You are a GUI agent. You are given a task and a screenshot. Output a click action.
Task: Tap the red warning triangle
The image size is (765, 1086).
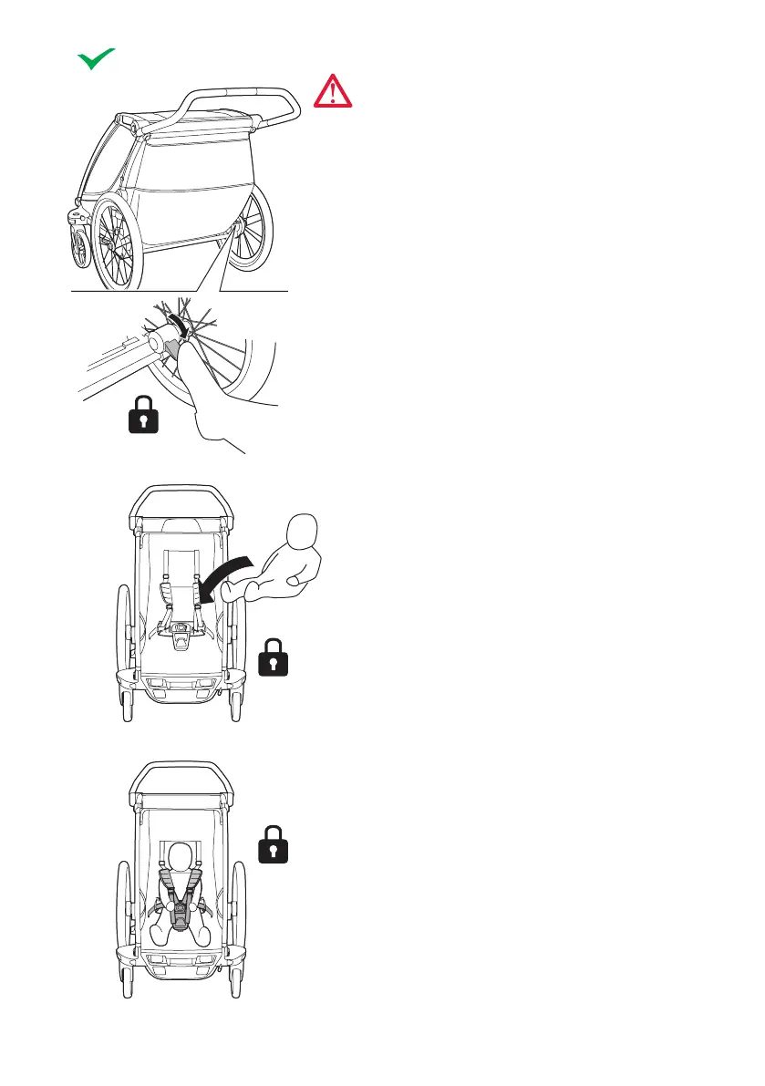coord(333,92)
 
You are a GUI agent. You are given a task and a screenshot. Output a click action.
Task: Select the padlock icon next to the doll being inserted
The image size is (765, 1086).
coord(274,657)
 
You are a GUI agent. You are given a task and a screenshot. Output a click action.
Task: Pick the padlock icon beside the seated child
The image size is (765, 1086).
coord(274,844)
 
